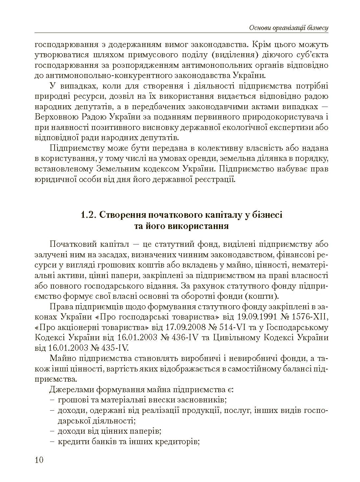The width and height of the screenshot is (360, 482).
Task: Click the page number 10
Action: click(39, 460)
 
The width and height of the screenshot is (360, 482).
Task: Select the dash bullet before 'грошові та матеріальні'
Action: click(52, 400)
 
